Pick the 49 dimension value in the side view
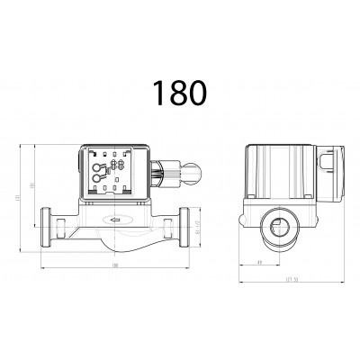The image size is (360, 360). [x=260, y=263]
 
